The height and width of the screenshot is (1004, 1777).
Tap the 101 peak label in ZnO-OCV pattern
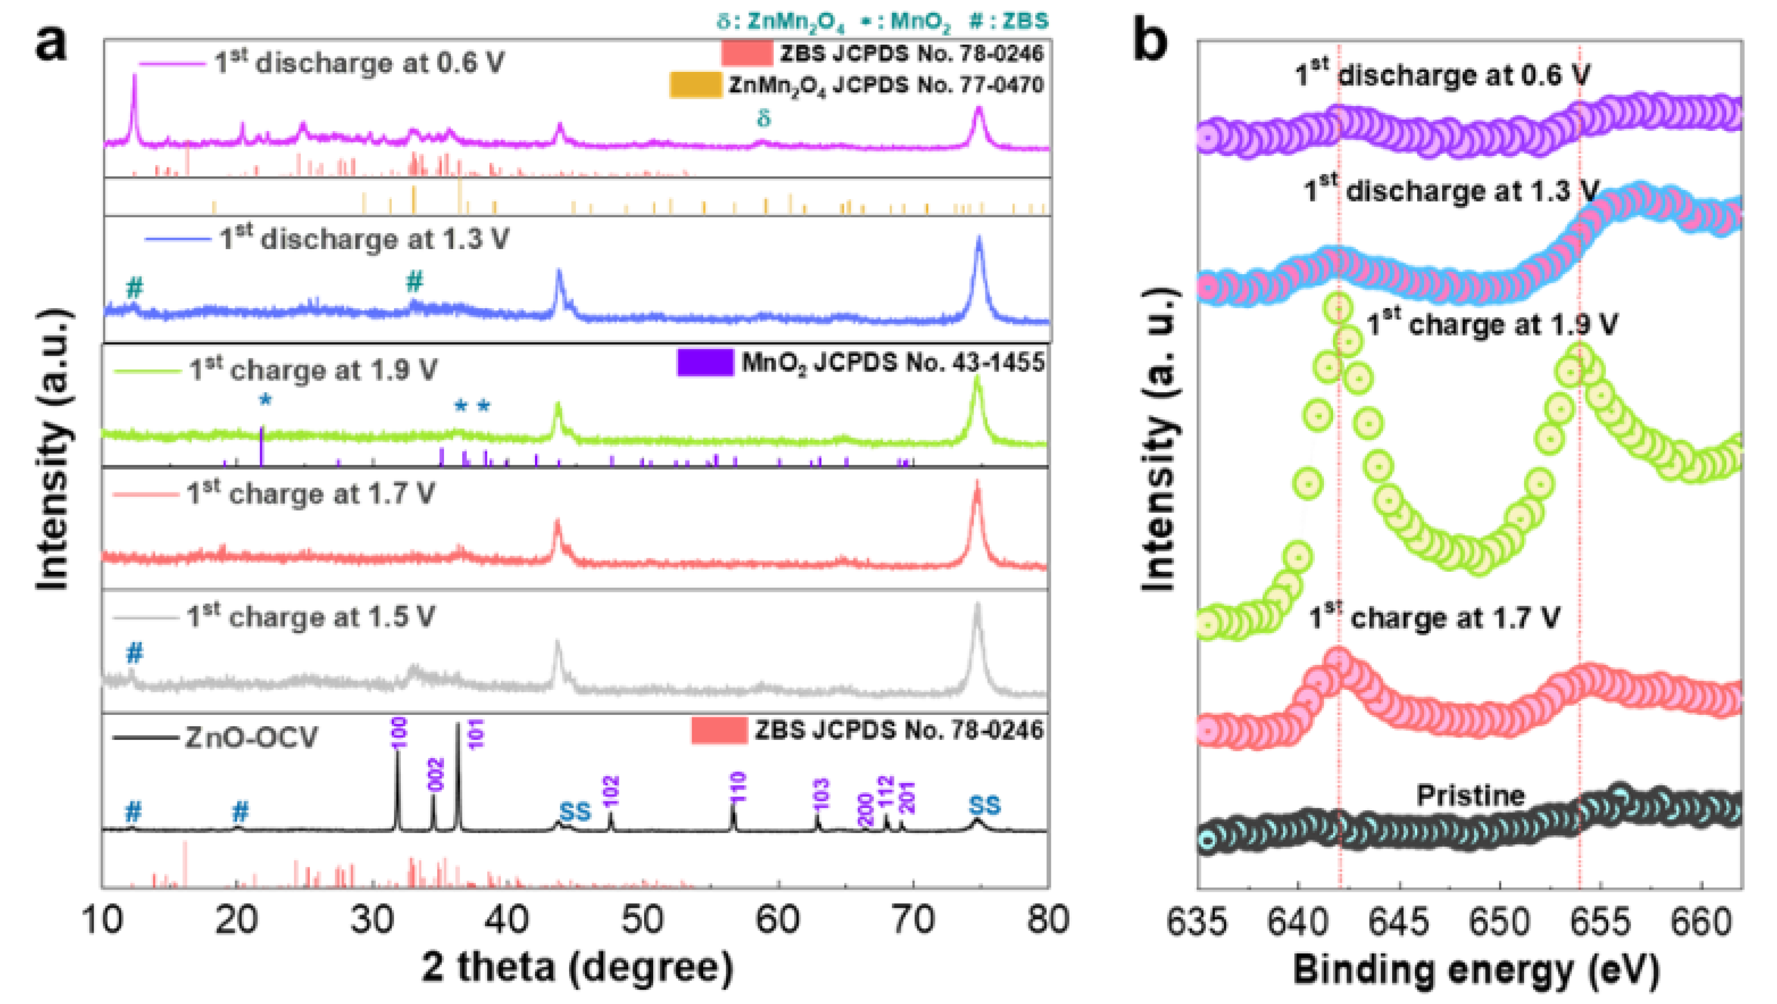[476, 733]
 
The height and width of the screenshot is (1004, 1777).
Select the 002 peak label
[436, 773]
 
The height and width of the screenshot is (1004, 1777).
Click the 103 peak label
[820, 795]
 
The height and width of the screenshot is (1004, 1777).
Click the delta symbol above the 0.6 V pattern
[763, 119]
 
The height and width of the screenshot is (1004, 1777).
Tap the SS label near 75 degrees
[984, 805]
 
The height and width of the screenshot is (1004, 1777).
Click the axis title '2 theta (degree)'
[578, 967]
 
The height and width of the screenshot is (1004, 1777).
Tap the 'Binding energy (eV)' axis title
[1476, 970]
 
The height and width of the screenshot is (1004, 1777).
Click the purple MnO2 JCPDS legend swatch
[705, 363]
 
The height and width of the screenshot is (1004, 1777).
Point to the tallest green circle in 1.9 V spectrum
[1338, 307]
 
